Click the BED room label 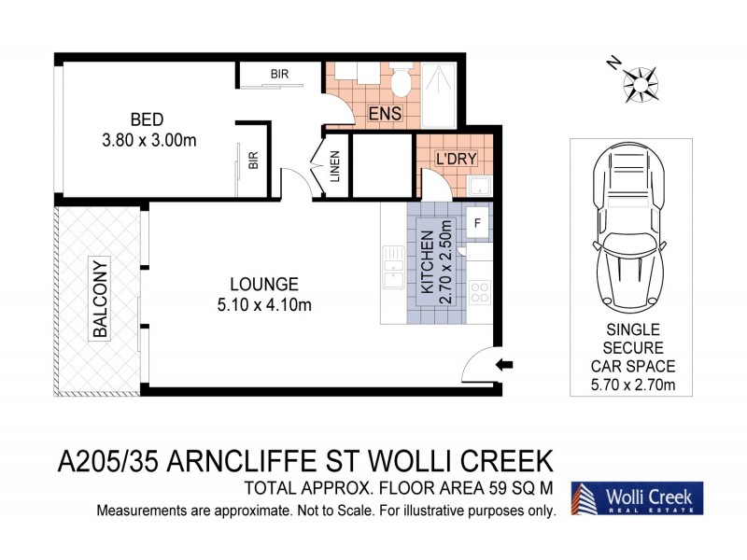148,119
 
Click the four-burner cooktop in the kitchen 479,291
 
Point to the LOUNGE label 264,284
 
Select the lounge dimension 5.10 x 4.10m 264,304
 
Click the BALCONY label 100,299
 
